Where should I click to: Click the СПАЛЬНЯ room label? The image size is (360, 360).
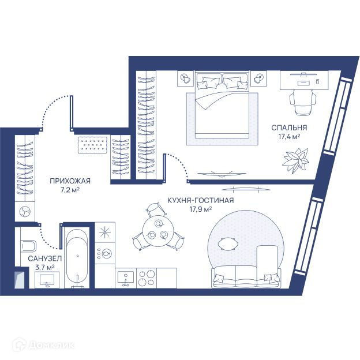tap(289, 127)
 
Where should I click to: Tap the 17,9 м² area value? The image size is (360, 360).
tap(200, 209)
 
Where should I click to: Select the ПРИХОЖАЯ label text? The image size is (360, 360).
tap(70, 181)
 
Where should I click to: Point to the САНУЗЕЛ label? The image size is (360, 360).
tap(45, 258)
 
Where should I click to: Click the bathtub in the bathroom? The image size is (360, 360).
tap(77, 257)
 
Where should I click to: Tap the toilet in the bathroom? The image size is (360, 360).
tap(28, 246)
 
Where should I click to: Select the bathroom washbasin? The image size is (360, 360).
tap(47, 280)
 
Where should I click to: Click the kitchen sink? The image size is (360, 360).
tap(126, 278)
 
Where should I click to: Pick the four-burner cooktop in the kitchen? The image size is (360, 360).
tap(147, 278)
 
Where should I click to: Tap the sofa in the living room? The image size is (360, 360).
tap(246, 277)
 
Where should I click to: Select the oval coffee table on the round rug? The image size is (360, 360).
tap(228, 244)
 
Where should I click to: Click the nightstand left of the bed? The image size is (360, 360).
tap(186, 78)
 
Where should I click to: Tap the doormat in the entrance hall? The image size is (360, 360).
tap(93, 145)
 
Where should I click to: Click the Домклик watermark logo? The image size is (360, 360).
tap(44, 344)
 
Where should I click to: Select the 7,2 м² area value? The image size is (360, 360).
tap(70, 190)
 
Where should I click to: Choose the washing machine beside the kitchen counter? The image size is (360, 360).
tap(104, 253)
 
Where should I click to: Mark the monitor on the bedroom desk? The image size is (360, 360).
tap(304, 74)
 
